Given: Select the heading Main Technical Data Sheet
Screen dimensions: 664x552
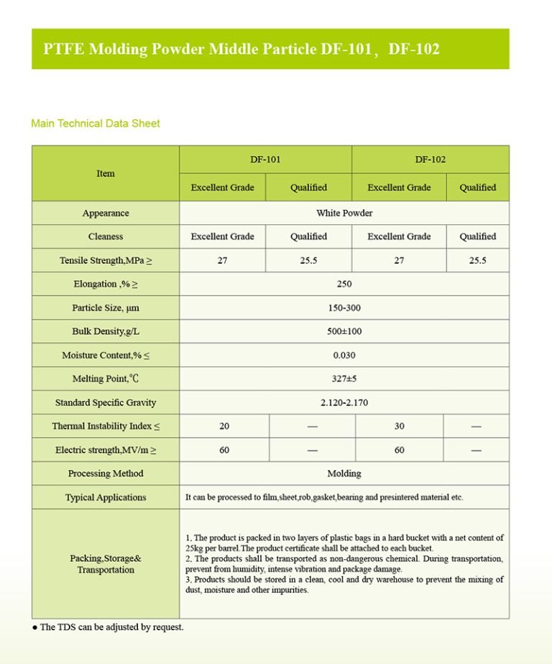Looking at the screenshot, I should [x=96, y=124].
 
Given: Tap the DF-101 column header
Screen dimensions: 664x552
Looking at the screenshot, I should [x=265, y=160].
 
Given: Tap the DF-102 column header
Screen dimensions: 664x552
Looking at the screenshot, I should [x=430, y=160].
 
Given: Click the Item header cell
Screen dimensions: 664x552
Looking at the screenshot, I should [x=106, y=173].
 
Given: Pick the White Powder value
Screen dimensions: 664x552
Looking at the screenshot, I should [x=344, y=213].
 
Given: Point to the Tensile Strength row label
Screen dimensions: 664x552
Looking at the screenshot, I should [x=106, y=260].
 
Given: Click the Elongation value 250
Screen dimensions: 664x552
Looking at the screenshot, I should [x=344, y=284].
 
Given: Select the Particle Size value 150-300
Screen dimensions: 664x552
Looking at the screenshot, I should [x=344, y=308].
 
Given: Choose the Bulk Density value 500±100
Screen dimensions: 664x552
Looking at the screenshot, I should [x=344, y=331].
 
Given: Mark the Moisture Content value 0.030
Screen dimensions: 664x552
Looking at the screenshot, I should [x=344, y=355].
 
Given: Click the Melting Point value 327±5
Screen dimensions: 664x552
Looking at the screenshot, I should [x=344, y=379].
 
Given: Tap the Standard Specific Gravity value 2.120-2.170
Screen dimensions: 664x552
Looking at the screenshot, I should [x=344, y=402].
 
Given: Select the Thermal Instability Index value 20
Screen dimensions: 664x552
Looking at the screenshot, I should [x=224, y=426].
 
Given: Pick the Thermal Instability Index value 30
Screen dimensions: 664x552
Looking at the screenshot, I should [x=399, y=426].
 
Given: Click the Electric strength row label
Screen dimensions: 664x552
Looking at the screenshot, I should [x=106, y=450].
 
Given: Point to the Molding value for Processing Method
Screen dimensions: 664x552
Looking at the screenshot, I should [x=344, y=474].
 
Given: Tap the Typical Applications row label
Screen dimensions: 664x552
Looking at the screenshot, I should [x=106, y=497].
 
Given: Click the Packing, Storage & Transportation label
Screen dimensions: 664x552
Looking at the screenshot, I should [x=106, y=564].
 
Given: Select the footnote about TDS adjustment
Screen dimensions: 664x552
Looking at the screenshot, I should [x=109, y=627].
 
